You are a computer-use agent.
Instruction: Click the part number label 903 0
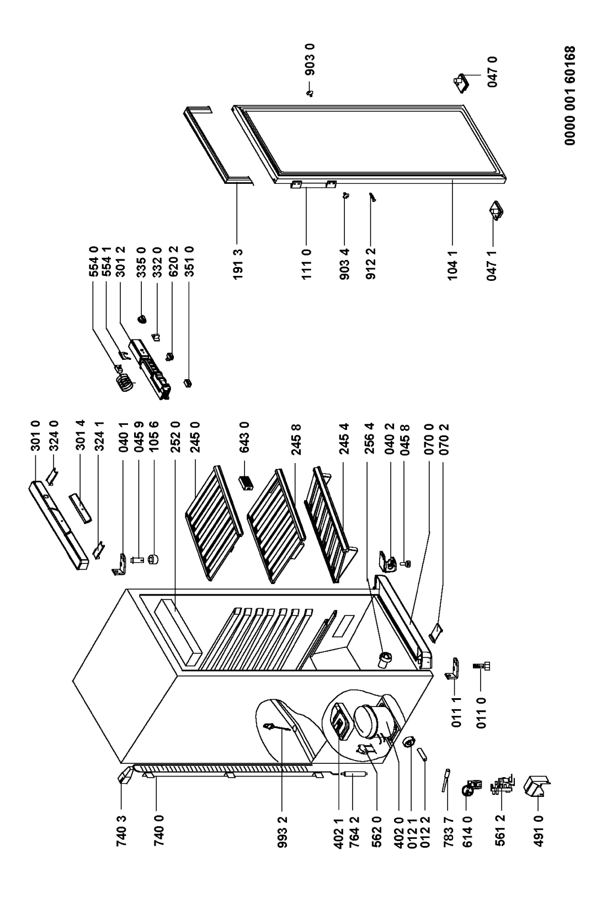(310, 60)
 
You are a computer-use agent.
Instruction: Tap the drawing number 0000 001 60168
(569, 96)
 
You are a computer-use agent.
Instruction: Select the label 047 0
(493, 72)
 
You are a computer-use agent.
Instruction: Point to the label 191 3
(238, 264)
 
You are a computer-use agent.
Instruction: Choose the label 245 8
(297, 439)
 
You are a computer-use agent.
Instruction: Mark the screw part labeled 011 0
(481, 666)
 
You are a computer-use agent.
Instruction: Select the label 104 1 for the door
(453, 264)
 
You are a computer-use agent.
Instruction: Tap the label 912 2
(371, 264)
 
